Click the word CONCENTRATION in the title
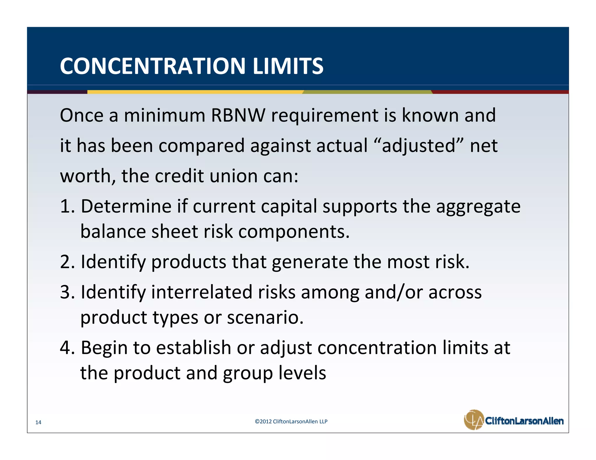(153, 66)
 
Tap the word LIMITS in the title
(288, 66)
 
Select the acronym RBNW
(238, 115)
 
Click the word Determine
(126, 206)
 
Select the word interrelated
(201, 292)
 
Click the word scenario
(265, 318)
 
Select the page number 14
(38, 422)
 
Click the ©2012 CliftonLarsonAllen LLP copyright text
(291, 422)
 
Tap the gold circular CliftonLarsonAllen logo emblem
(473, 420)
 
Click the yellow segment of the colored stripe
(195, 92)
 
